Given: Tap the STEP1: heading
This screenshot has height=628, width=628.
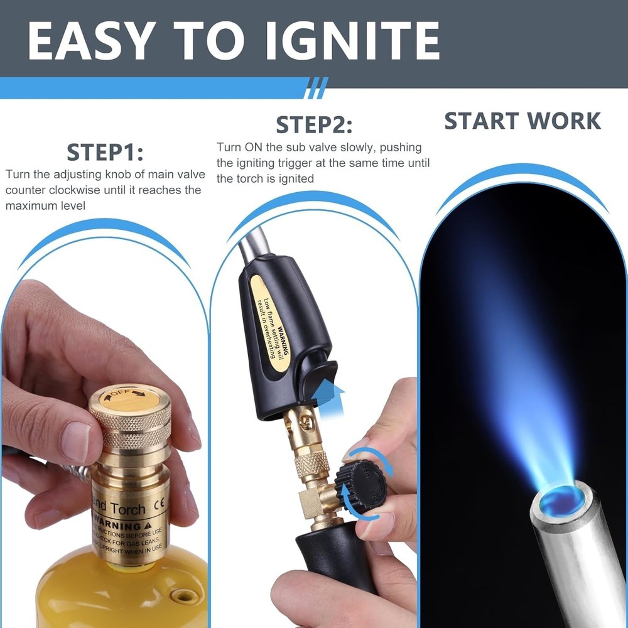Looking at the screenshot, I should (105, 153).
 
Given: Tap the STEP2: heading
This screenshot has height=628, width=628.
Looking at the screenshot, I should (314, 124).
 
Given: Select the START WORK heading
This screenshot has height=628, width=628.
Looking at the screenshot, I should (522, 121).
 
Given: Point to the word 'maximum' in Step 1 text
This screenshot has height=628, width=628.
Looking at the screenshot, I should (30, 205).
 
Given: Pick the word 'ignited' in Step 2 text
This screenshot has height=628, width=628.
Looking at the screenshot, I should (298, 178).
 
